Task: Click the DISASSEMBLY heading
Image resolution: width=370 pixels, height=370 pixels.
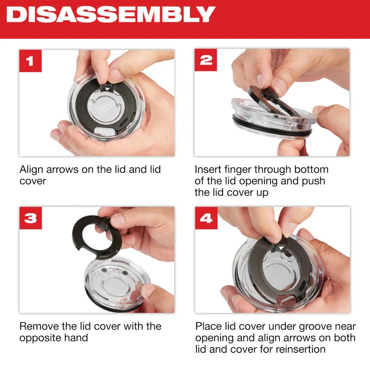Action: coord(111,14)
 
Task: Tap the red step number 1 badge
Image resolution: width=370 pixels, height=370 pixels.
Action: coord(30,60)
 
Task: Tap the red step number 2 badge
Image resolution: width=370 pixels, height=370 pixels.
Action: coord(206,60)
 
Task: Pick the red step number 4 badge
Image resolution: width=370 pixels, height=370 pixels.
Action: coord(206,218)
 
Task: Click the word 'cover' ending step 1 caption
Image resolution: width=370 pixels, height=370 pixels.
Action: coord(33,181)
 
